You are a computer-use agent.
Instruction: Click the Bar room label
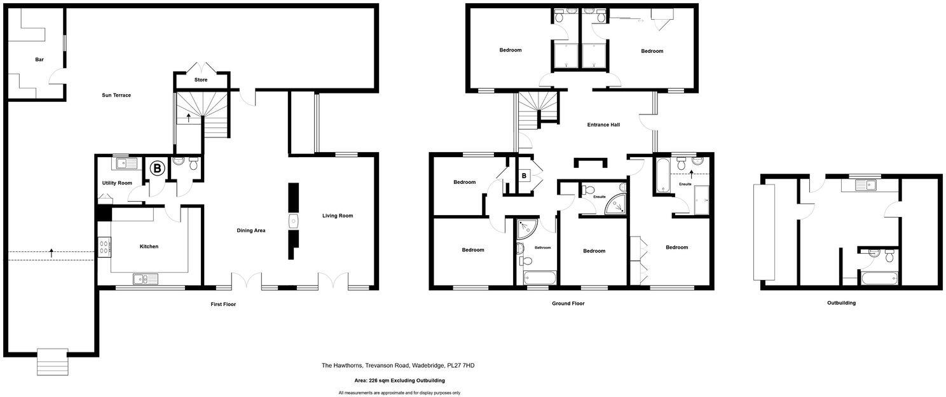tap(39, 60)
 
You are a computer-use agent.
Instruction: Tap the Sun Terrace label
tap(116, 95)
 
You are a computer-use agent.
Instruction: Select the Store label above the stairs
tap(201, 80)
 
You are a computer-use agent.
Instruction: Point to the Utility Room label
tap(117, 183)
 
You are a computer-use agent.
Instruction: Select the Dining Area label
tap(251, 230)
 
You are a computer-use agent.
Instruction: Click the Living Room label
tap(337, 216)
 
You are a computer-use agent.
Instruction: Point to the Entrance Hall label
tap(603, 125)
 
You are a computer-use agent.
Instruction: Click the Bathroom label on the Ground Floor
tap(542, 247)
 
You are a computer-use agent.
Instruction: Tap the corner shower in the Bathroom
tap(526, 228)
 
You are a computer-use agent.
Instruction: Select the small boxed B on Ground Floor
tap(524, 175)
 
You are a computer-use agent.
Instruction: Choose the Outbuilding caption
tap(841, 303)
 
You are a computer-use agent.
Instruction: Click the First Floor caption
tap(223, 305)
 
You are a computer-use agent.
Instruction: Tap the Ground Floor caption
tap(568, 304)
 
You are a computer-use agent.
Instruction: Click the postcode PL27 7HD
tap(461, 366)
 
